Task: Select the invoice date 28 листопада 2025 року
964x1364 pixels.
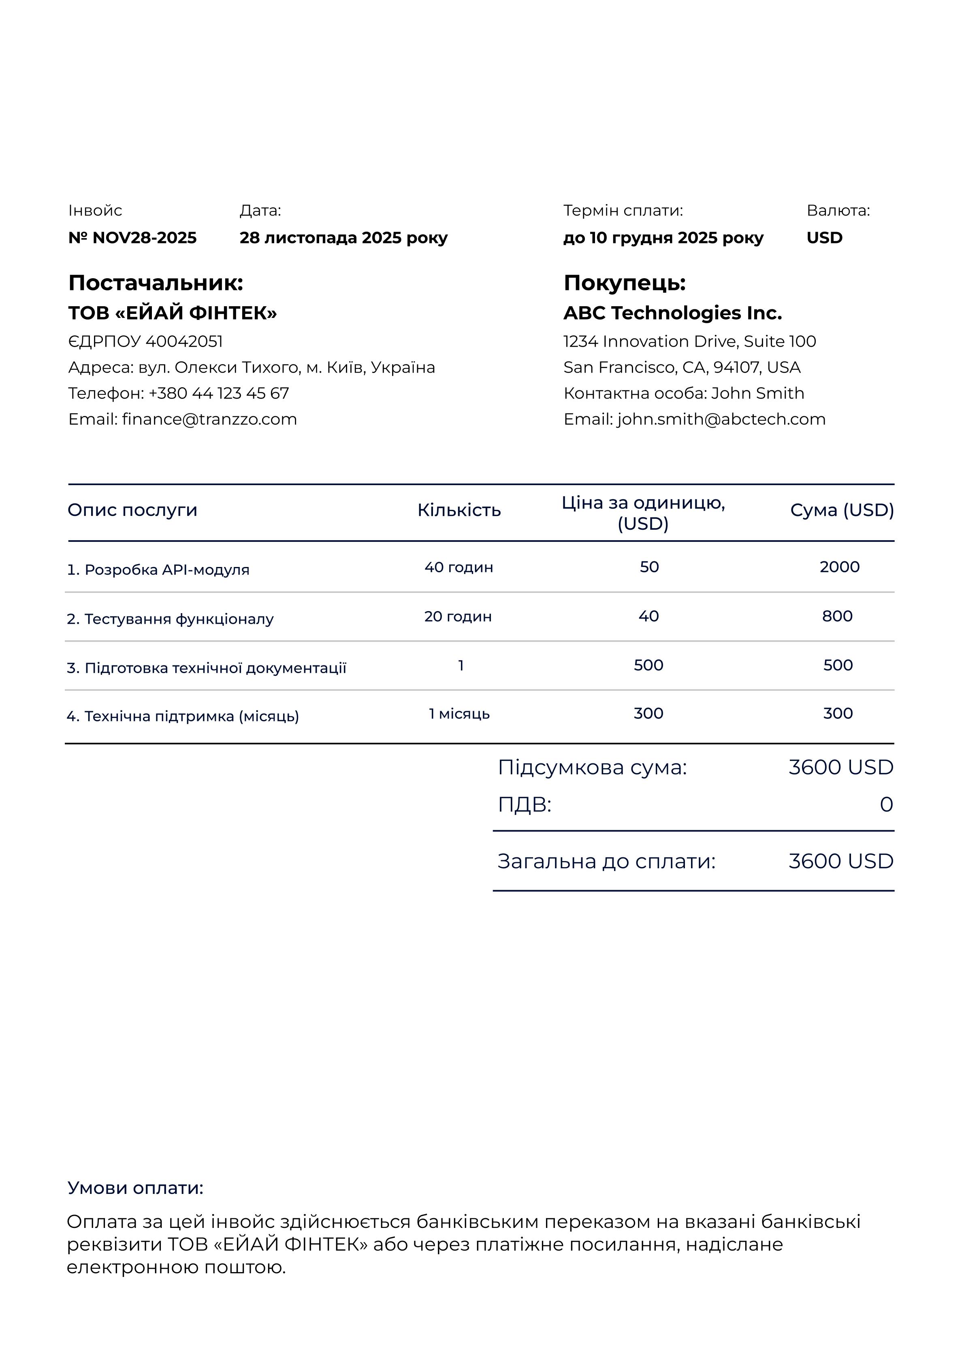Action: coord(343,238)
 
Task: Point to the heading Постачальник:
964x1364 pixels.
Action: coord(156,283)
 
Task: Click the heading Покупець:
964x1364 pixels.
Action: coord(624,283)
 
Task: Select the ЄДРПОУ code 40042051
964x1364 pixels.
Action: coord(183,341)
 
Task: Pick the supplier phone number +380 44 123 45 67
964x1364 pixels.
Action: coord(218,393)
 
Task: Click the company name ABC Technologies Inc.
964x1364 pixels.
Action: coord(672,313)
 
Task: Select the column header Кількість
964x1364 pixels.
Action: coord(459,510)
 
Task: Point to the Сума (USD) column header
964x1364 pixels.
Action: coord(842,510)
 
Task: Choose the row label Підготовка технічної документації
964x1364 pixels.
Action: coord(215,668)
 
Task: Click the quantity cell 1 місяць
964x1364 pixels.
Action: coord(459,714)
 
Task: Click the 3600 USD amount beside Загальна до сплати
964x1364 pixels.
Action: coord(840,861)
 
